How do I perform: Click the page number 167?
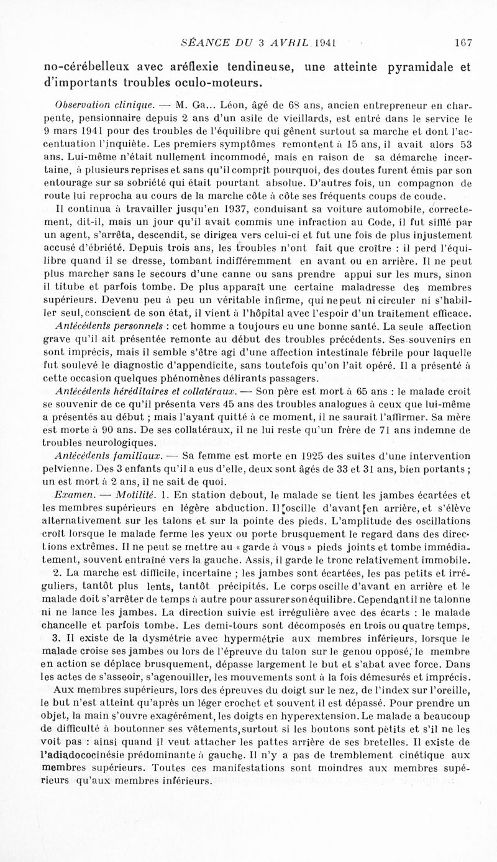(x=463, y=43)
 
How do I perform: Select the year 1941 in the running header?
(x=326, y=43)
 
